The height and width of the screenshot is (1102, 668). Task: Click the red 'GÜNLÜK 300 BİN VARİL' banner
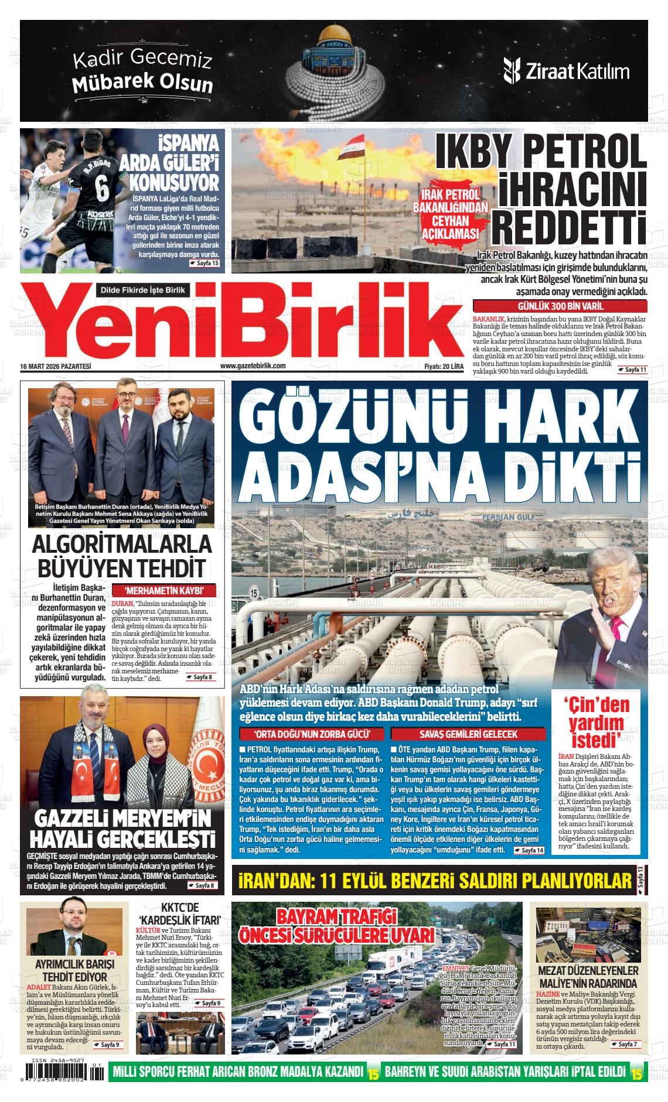(560, 306)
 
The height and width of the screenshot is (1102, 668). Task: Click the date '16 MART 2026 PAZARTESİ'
(56, 366)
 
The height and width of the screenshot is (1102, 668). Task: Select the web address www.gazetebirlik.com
(253, 366)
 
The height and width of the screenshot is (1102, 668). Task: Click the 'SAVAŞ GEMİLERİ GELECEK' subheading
(468, 734)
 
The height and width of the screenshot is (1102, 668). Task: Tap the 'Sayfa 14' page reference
(529, 850)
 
